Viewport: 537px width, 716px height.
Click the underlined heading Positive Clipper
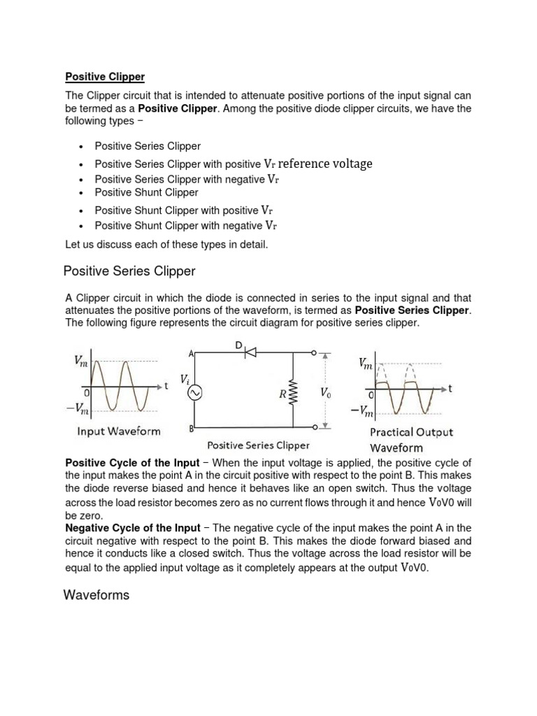[x=105, y=76]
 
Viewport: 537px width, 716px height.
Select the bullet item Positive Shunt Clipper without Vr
[x=147, y=192]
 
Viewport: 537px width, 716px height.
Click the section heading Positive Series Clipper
[x=129, y=271]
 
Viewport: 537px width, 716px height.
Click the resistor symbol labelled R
[x=293, y=394]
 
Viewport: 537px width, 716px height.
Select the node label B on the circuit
[x=190, y=428]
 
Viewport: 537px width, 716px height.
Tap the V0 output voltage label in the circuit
[x=326, y=393]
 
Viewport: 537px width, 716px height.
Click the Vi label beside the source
[x=184, y=379]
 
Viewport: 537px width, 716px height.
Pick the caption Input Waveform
[x=118, y=431]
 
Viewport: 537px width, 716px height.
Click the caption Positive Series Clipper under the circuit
[x=258, y=445]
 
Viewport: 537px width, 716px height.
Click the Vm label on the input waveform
[x=82, y=360]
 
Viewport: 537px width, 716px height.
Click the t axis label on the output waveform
[x=451, y=389]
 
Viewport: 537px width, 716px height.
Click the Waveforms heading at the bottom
[x=96, y=595]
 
